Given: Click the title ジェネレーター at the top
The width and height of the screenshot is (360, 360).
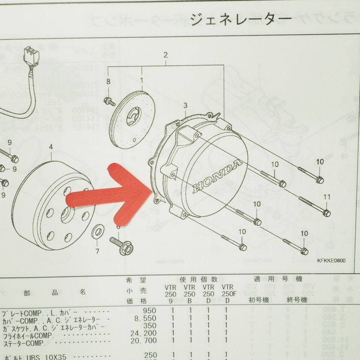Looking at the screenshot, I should [x=241, y=18].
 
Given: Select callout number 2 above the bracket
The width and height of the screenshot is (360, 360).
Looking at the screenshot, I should [x=166, y=55].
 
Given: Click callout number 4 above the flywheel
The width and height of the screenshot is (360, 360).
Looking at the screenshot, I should [x=51, y=147].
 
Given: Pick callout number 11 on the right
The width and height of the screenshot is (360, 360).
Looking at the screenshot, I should [x=327, y=197].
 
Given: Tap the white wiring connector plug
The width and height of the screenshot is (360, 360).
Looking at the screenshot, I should [x=31, y=55].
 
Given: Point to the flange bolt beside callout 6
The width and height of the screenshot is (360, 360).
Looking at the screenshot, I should [x=125, y=247].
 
